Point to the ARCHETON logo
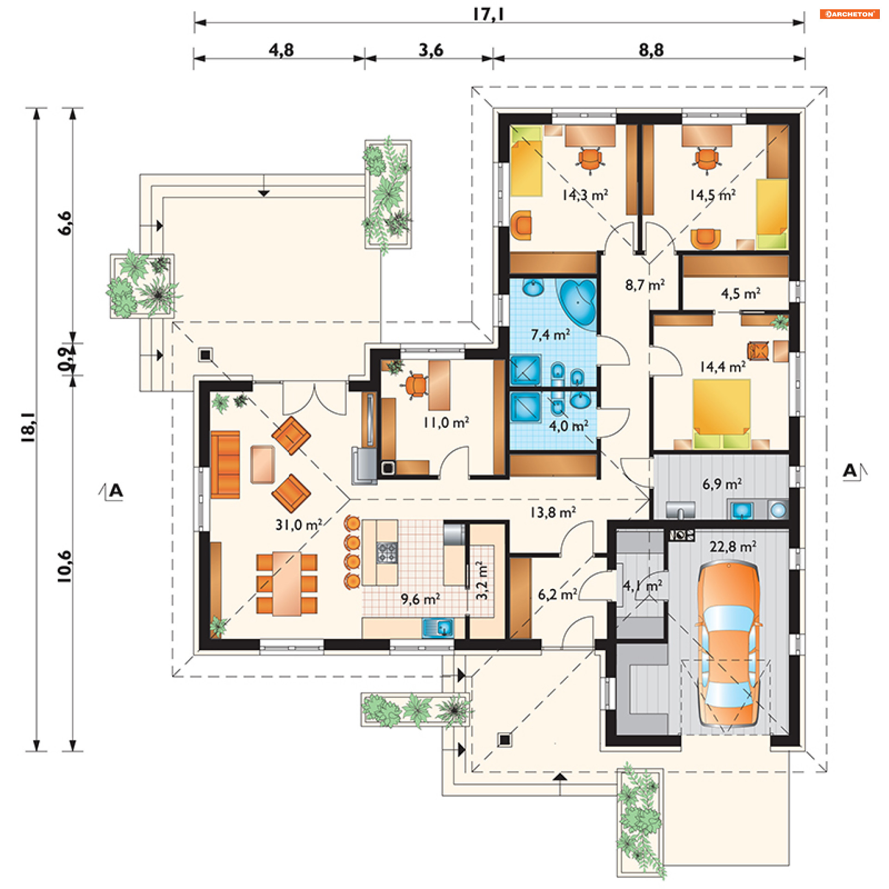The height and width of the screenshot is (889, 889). [x=849, y=14]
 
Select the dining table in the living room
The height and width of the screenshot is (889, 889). [x=287, y=583]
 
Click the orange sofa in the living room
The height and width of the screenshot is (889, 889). [x=225, y=464]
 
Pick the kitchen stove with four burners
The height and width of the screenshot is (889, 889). [x=387, y=552]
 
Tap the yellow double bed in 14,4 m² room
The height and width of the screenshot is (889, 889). [x=721, y=413]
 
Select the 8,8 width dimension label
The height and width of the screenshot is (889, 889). [x=651, y=50]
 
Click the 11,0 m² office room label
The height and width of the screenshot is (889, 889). [x=446, y=422]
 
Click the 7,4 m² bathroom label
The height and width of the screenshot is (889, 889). [x=550, y=334]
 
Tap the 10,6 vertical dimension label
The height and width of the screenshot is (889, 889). [x=64, y=565]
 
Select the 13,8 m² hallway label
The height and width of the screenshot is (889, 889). [x=553, y=513]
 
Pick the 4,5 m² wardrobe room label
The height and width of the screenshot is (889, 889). [x=740, y=293]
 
